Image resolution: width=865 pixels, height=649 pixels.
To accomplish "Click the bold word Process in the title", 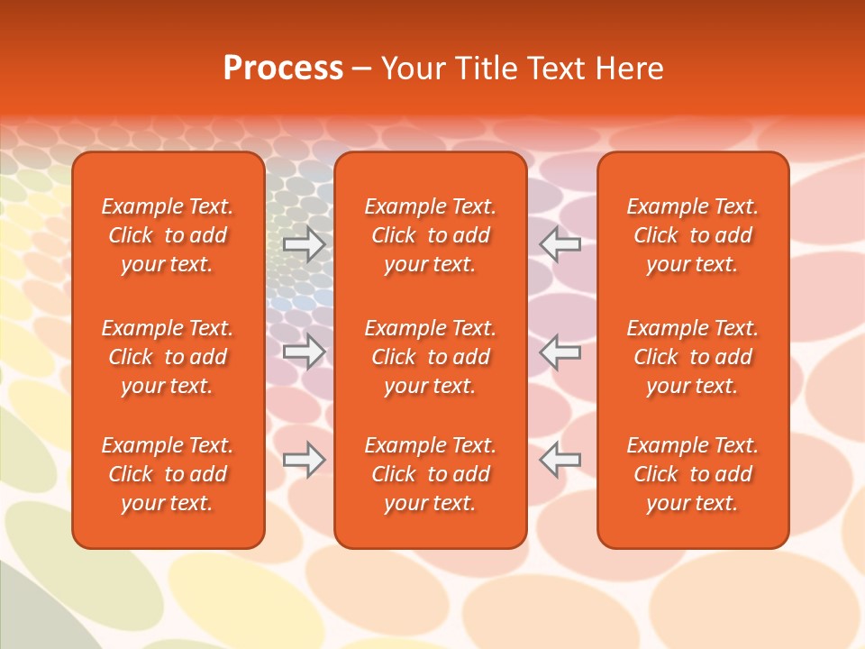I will click(283, 69).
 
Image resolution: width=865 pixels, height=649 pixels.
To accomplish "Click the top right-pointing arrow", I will click(305, 244).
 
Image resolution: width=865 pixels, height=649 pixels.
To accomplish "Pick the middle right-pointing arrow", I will click(305, 352).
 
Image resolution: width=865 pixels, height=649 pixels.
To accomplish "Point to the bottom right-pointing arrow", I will click(305, 460).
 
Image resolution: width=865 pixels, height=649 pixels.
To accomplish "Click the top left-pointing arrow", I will click(560, 244).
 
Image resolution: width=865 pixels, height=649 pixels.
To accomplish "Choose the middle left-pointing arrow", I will click(560, 352).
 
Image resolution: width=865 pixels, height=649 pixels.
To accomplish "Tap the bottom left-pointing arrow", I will click(560, 460).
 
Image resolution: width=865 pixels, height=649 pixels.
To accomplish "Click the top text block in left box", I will click(168, 235).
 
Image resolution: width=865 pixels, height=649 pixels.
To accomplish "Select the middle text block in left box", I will click(168, 357).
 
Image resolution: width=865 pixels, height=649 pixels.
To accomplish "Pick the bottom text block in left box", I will click(168, 474).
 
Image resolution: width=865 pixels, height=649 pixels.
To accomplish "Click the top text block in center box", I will click(430, 235).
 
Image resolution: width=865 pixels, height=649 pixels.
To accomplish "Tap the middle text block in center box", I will click(430, 357).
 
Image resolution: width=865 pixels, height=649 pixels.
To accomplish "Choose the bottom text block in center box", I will click(430, 474).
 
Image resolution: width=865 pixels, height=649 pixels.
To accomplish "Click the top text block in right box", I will click(692, 235).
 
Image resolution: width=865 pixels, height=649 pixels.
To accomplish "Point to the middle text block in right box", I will click(692, 357).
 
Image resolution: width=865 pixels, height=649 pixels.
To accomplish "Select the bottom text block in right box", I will click(692, 474).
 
